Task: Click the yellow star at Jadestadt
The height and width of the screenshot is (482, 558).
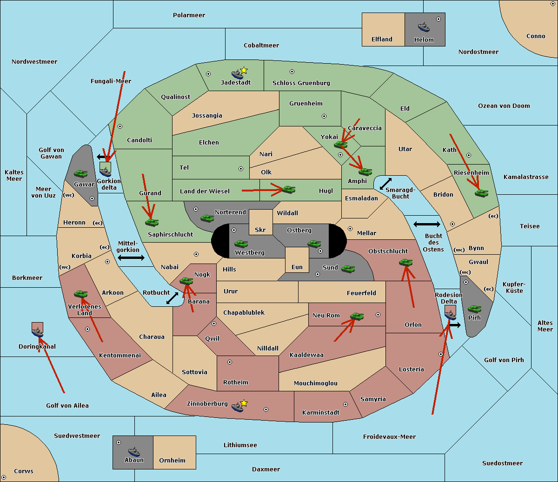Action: [244, 70]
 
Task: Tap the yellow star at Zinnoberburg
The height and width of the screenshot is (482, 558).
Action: [244, 403]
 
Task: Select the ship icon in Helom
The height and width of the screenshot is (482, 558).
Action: [424, 27]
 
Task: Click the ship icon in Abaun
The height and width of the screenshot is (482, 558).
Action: [134, 451]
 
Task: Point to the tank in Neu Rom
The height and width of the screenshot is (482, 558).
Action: [357, 317]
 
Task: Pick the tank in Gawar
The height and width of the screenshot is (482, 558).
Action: [81, 173]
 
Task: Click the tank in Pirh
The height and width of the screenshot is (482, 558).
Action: [475, 309]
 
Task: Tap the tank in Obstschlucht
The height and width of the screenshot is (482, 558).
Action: [406, 263]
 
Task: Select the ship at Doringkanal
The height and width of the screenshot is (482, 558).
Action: [38, 332]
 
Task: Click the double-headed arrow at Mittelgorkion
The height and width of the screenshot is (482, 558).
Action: [131, 258]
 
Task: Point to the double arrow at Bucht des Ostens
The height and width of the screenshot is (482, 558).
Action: [426, 224]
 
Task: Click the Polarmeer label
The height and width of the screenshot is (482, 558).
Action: [189, 15]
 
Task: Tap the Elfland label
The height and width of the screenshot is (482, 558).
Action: [382, 40]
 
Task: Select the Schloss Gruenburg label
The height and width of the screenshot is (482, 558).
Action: [301, 83]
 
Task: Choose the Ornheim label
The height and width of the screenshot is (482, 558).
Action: [172, 461]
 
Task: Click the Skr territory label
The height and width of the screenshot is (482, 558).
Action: [260, 230]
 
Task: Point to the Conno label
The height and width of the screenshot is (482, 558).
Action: [536, 36]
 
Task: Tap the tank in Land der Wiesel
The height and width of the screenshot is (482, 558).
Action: [289, 189]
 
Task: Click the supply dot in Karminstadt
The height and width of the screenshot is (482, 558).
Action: [345, 404]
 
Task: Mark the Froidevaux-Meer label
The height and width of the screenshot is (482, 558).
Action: [389, 437]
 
